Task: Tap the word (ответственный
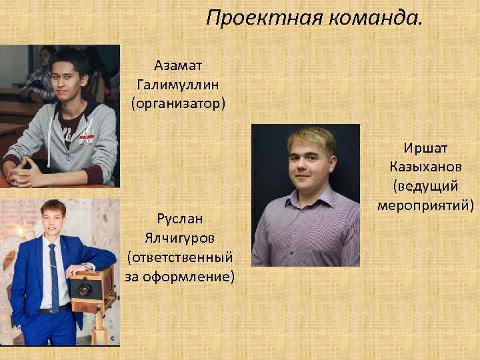pyautogui.click(x=180, y=257)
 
